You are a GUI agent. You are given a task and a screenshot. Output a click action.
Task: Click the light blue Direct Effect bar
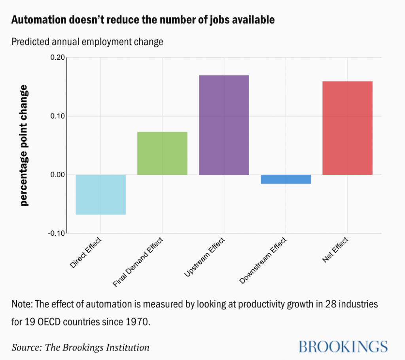coord(100,194)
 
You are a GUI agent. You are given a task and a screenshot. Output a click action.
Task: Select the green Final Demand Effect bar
coord(162,153)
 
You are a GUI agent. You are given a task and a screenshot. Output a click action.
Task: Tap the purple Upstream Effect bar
coord(224,125)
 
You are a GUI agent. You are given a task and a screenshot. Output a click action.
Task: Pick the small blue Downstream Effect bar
coord(286,179)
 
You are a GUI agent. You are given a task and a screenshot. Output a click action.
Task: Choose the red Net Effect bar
coord(347,128)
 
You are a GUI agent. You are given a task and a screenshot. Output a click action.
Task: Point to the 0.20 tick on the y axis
coord(57,57)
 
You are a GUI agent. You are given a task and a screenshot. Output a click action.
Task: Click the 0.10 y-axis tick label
coord(57,116)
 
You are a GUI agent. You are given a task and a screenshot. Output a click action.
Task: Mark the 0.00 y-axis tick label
coord(57,174)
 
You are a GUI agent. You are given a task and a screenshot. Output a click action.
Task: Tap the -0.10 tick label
coord(56,233)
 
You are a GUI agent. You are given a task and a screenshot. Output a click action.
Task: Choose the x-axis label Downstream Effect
coord(263,261)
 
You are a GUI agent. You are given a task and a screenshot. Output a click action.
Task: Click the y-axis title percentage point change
coord(24,145)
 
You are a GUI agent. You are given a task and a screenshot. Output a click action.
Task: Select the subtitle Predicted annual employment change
coord(87,42)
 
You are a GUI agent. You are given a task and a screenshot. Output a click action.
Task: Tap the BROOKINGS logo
coord(343,346)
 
